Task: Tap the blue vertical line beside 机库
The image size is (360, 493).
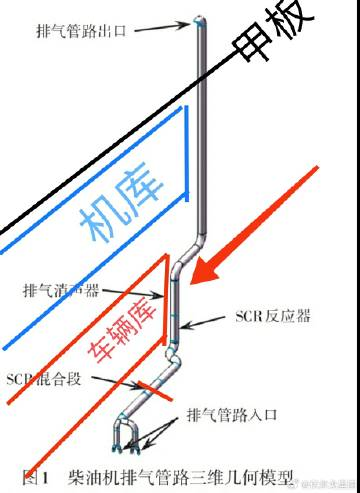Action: (187, 160)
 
